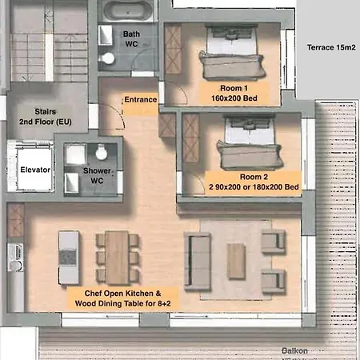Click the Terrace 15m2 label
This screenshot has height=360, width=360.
coord(330,47)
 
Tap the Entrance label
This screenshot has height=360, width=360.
coord(140,99)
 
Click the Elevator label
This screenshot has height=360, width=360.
coord(36,170)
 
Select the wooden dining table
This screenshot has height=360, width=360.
coord(117,256)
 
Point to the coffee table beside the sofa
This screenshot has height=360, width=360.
coord(236,260)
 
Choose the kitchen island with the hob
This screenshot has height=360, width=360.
coord(69,257)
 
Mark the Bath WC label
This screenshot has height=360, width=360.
coord(130,40)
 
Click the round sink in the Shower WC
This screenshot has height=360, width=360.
coord(101,154)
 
